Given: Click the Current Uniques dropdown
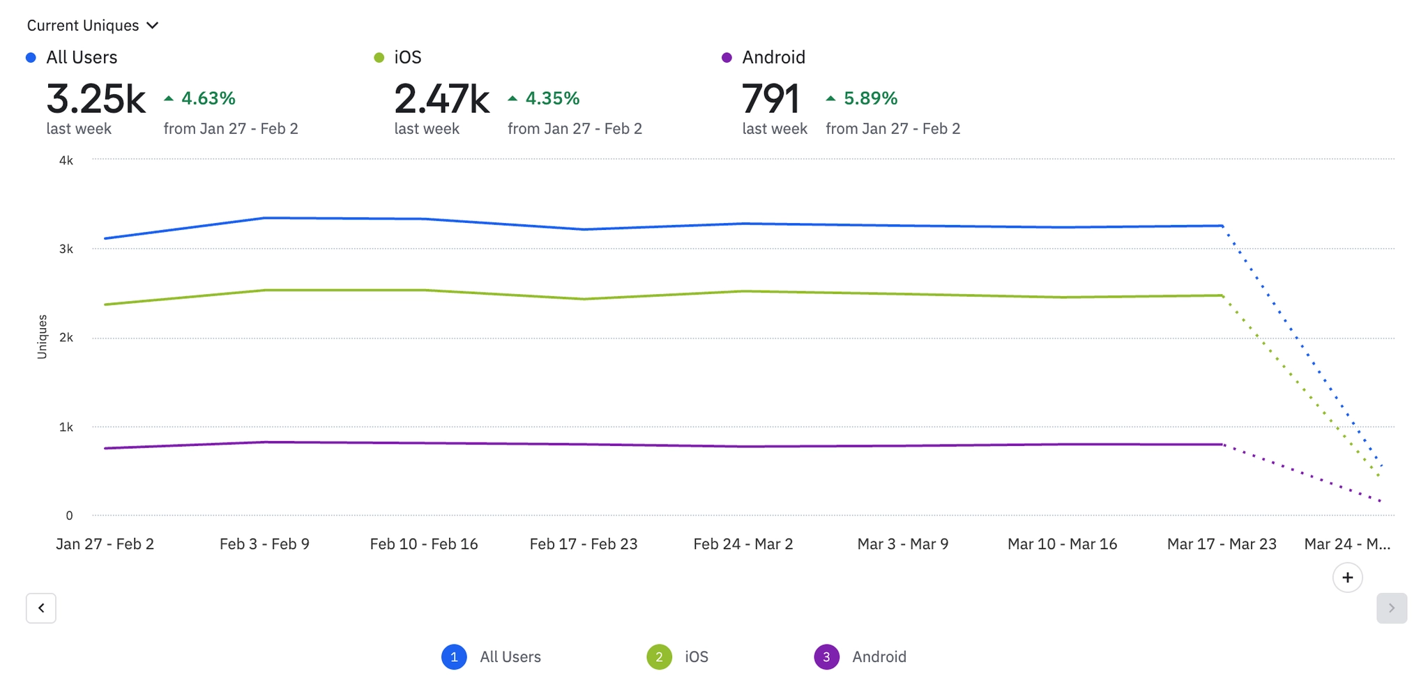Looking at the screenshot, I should (93, 26).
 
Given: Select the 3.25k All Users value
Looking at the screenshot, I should (96, 99).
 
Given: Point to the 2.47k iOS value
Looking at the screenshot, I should (441, 99).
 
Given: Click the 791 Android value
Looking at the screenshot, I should (770, 99).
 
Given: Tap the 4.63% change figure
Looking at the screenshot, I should (208, 98).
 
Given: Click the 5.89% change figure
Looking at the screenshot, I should (870, 98).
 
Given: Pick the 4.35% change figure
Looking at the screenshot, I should (552, 98).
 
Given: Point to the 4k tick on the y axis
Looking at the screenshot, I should (66, 160).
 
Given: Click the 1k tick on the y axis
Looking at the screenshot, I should (66, 427).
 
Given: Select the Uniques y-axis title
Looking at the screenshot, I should (42, 337).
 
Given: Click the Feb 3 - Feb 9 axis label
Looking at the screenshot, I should (264, 544).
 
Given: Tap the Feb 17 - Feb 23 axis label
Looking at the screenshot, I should (584, 544).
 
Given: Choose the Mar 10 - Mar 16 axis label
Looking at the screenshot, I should (1062, 544).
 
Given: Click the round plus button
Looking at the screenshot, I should (1347, 578).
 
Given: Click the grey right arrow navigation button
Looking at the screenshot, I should (1391, 608).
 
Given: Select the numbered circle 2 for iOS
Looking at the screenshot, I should (659, 657).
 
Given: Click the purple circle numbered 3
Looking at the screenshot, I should (826, 657).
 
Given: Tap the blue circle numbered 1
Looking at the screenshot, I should (454, 657).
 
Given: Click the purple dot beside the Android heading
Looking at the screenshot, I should (727, 58).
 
